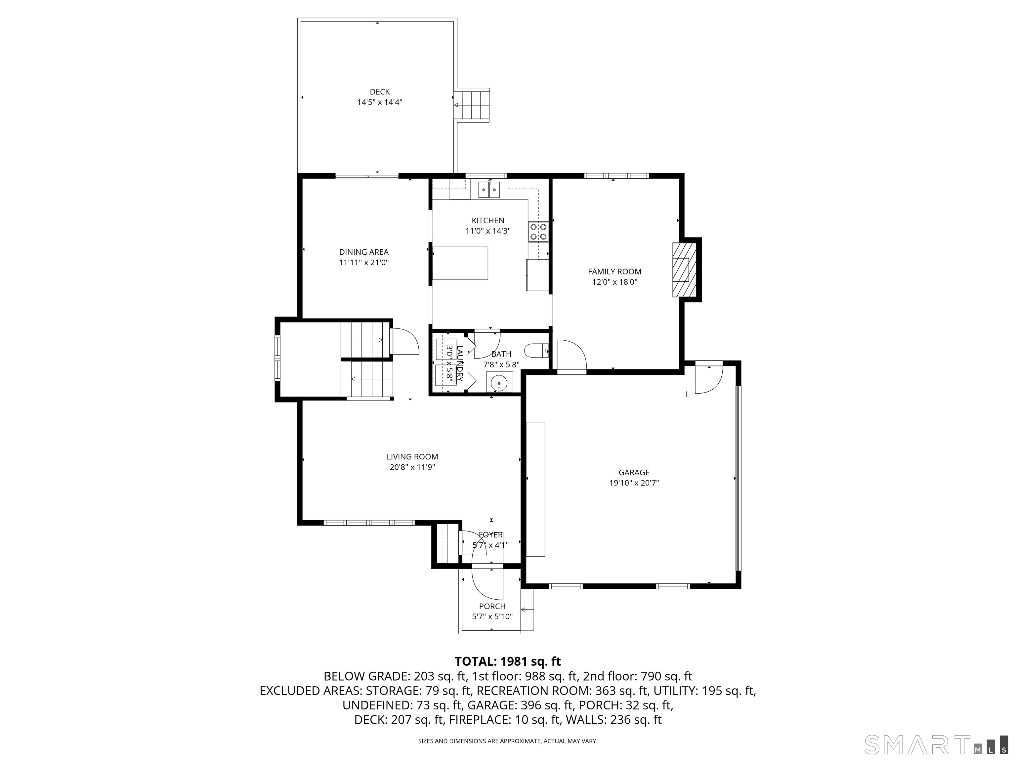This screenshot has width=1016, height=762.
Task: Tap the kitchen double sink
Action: coord(489,189)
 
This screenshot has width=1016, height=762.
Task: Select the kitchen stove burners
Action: coord(538,232)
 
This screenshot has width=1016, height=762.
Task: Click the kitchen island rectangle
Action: coord(460,263)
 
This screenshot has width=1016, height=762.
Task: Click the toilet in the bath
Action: coord(536,351)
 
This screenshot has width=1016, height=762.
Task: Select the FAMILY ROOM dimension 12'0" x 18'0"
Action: coord(614,282)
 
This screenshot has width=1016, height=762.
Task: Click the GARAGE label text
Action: coord(634,472)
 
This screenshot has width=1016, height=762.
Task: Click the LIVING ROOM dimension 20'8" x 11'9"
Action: coord(412,467)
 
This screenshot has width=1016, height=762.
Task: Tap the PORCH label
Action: coord(492,606)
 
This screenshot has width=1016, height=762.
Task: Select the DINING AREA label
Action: coord(364,252)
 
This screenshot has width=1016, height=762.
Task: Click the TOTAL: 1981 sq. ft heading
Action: coord(508,661)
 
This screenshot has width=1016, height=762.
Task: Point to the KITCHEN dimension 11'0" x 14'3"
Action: coord(488,231)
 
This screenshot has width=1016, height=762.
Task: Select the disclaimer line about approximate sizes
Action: coord(508,741)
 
